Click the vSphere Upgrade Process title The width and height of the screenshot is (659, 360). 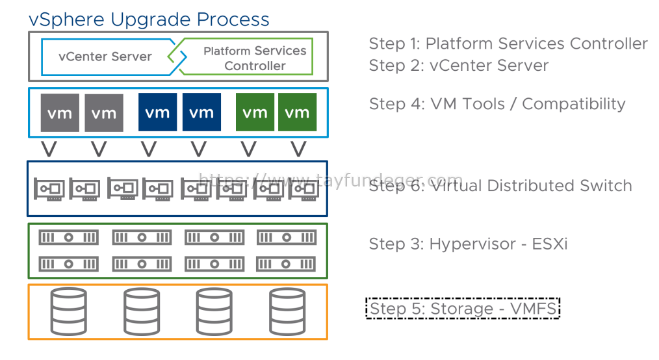149,19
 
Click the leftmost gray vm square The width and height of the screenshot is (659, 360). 60,112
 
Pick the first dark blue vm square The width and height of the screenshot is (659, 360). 158,112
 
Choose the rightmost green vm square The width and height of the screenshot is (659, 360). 297,112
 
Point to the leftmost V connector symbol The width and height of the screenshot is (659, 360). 49,149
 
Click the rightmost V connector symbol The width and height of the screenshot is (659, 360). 298,149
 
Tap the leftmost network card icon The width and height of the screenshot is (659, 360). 49,190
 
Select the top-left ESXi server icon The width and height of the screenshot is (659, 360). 68,238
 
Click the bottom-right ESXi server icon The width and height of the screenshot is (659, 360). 286,264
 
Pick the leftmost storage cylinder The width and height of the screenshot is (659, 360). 68,311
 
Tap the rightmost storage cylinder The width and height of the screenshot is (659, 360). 287,311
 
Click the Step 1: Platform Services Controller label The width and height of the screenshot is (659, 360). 508,44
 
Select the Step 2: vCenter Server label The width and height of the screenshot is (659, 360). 459,66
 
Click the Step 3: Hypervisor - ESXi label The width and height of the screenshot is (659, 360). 468,244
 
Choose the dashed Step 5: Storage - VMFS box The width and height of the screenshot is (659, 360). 463,309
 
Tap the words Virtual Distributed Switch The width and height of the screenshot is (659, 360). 532,186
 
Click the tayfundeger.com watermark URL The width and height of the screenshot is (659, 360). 331,180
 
